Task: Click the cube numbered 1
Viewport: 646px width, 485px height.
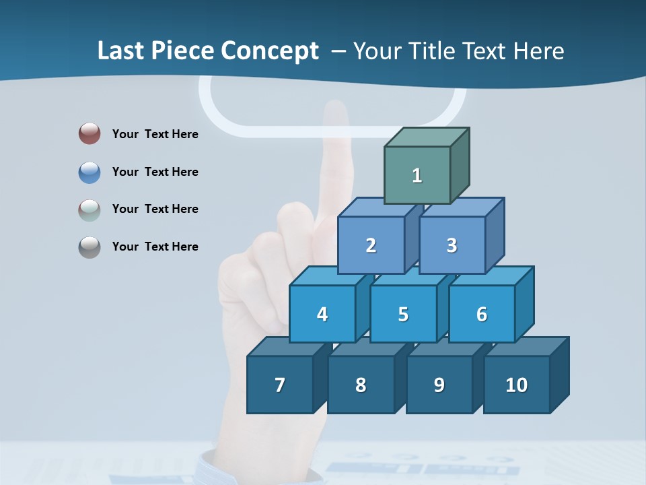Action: tap(417, 175)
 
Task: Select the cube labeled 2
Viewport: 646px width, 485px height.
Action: tap(371, 245)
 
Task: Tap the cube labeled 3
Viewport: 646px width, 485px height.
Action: tap(452, 245)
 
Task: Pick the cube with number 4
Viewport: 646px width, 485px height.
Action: tap(322, 314)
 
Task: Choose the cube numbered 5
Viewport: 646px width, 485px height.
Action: tap(403, 314)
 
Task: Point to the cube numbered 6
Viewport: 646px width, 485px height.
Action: tap(482, 314)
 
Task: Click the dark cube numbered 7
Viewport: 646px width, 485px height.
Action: tap(280, 385)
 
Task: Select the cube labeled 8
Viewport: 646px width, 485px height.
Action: tap(361, 385)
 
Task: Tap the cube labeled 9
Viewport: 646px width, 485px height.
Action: tap(439, 385)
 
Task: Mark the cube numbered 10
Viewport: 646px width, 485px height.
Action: tap(516, 385)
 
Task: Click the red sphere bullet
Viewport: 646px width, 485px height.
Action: tap(89, 133)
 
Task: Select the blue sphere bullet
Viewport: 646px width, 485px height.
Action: tap(89, 172)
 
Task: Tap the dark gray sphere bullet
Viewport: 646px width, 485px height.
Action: tap(89, 247)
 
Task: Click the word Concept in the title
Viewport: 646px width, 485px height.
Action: tap(270, 51)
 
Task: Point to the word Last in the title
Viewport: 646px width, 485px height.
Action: tap(121, 51)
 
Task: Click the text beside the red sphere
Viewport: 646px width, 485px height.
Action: tap(155, 134)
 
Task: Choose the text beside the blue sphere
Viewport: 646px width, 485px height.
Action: tap(155, 172)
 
